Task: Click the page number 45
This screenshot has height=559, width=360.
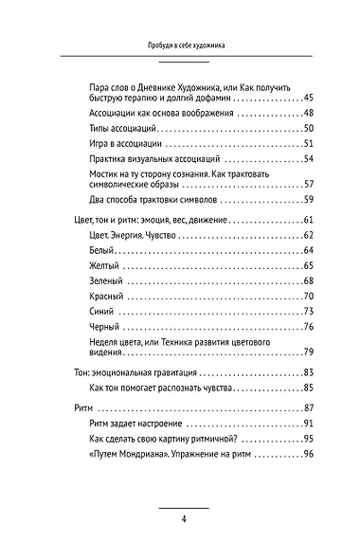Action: click(x=307, y=98)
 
